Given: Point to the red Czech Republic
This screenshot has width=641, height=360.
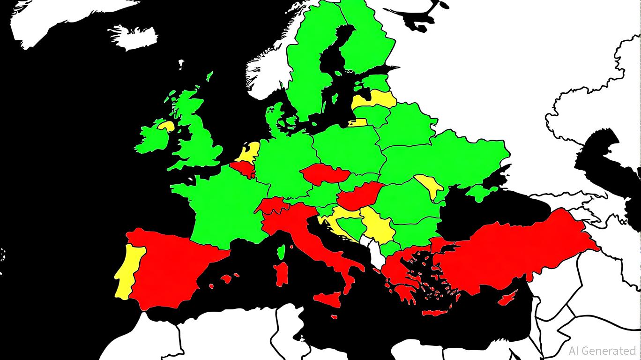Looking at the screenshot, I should pos(324,174).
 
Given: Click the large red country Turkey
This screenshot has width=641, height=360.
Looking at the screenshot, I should pos(511,253).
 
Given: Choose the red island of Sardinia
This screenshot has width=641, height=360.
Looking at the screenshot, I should pos(282,274).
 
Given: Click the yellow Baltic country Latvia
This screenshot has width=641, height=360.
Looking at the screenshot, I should pos(375,99).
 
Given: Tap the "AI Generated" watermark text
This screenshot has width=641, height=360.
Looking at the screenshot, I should pos(602,351).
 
